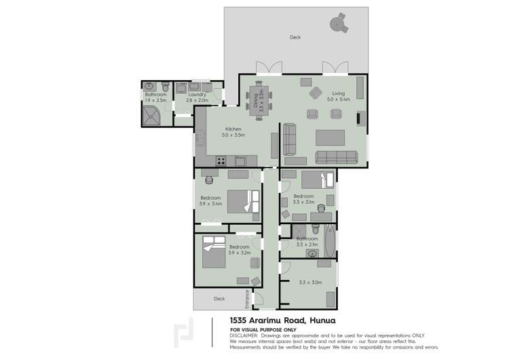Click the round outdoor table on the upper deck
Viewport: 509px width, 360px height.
point(337,24)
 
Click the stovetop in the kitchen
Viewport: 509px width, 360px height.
point(220,160)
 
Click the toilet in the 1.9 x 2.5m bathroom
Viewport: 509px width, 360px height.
point(149,88)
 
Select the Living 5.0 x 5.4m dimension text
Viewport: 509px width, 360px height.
point(338,99)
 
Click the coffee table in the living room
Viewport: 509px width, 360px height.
point(331,134)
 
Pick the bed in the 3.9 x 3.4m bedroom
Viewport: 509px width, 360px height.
point(242,202)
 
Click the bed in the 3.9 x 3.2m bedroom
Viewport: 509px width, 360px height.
point(214,253)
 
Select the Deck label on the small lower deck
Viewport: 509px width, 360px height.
point(219,298)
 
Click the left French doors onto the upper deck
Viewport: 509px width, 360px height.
point(269,69)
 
